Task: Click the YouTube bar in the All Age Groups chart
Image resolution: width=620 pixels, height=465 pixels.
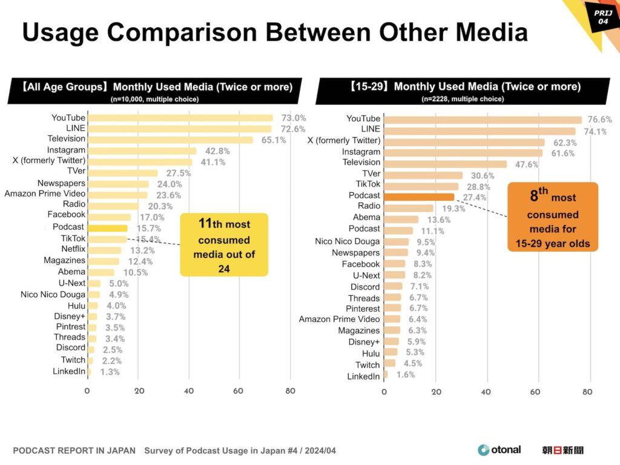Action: point(180,118)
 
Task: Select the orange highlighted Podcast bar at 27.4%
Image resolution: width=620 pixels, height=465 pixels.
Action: point(418,196)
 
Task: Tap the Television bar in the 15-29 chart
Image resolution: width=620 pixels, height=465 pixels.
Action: point(445,164)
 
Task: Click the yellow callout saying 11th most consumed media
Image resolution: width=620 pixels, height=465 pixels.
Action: point(223,244)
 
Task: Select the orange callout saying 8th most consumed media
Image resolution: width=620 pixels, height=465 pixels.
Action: point(552,216)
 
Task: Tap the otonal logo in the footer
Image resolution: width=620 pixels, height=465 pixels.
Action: point(499,450)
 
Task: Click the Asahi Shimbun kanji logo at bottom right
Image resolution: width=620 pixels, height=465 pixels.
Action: point(563,450)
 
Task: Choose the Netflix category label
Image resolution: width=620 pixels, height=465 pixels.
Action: point(73,249)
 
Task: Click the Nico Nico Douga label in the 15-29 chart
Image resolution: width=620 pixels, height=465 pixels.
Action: point(348,241)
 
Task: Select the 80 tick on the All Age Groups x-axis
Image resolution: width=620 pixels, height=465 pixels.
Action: point(291,391)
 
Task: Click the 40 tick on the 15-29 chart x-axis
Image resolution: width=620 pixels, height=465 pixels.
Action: point(486,392)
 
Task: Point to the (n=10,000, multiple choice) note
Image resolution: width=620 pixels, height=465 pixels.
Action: point(154,99)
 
